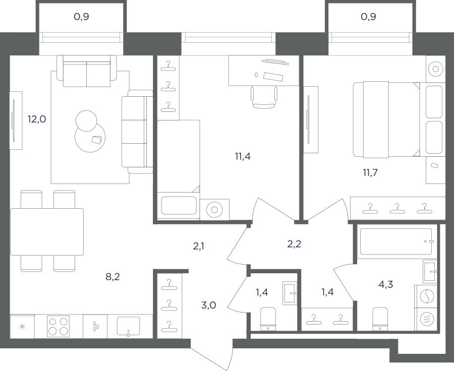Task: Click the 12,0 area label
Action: [x=37, y=119]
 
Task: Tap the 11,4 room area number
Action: [x=243, y=157]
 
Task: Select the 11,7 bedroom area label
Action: [x=370, y=173]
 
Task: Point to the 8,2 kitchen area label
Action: [x=112, y=277]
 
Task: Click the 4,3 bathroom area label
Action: [x=386, y=284]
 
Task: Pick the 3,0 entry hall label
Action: [x=208, y=305]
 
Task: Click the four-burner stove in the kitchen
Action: [x=58, y=326]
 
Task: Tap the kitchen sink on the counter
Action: [x=128, y=327]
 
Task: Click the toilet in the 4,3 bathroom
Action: [x=380, y=319]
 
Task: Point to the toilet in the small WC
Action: [x=268, y=319]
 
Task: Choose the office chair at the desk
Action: [x=264, y=97]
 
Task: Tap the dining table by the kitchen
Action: [x=47, y=232]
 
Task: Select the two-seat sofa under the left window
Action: [x=87, y=71]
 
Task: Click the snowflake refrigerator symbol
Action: [x=22, y=327]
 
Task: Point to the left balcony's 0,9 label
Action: [x=81, y=17]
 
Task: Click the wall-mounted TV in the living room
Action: [x=14, y=120]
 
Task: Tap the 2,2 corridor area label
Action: [x=294, y=244]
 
